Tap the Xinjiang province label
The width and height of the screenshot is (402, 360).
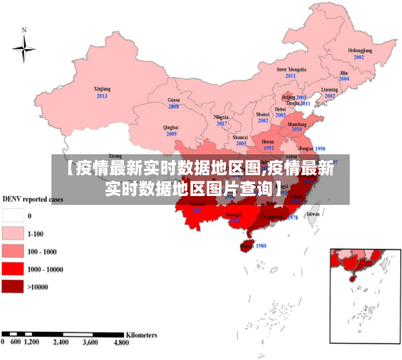(101, 89)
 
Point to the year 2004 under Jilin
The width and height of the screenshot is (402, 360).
(344, 80)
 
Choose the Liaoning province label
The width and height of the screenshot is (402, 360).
(329, 89)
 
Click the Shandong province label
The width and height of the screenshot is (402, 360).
(297, 125)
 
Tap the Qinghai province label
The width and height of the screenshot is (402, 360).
(170, 127)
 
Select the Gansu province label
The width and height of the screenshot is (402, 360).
(173, 99)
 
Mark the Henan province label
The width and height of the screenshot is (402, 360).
(269, 141)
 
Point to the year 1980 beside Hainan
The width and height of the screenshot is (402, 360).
(260, 245)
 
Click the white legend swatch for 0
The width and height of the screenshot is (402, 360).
(12, 215)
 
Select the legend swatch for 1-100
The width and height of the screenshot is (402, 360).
(12, 234)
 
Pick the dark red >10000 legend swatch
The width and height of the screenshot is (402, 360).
(12, 286)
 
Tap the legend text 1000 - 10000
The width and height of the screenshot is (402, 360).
(46, 269)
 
